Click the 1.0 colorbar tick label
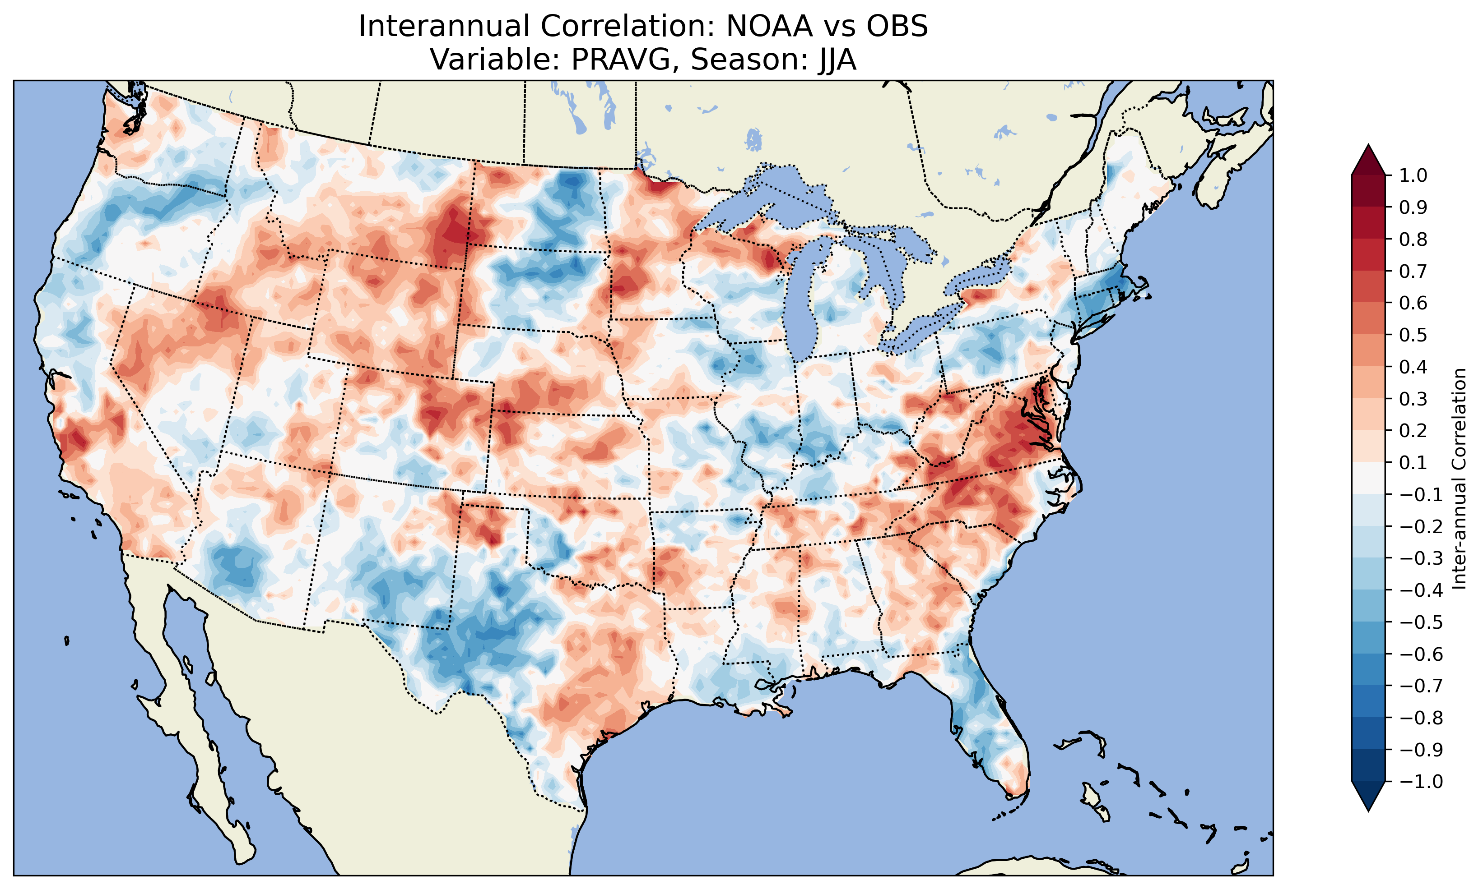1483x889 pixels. [x=1413, y=175]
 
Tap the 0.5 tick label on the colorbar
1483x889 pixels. [x=1413, y=335]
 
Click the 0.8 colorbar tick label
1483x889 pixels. [x=1413, y=240]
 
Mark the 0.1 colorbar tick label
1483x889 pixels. [x=1413, y=462]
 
